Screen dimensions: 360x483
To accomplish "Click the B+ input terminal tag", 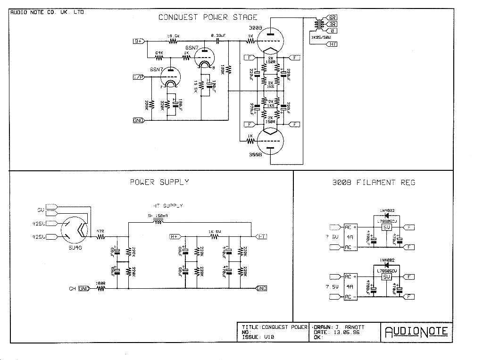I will [x=138, y=41].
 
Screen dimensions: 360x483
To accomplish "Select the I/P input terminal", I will [x=138, y=76].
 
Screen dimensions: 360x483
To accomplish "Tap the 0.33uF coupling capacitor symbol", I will [x=218, y=41].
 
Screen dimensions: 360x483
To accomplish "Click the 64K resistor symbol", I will [x=159, y=58].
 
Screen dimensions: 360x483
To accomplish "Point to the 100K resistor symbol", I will [x=228, y=69].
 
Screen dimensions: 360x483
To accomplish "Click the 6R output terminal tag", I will [x=332, y=17].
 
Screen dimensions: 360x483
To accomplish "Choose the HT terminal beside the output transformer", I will [x=332, y=44].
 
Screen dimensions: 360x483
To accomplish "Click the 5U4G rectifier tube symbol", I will [x=75, y=229].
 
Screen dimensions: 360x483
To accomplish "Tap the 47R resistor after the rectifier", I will [x=100, y=237].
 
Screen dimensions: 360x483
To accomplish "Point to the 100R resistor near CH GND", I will [x=100, y=288].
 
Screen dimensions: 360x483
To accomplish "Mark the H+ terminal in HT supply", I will [x=174, y=235].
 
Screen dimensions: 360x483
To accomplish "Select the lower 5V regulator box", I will [x=387, y=277].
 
